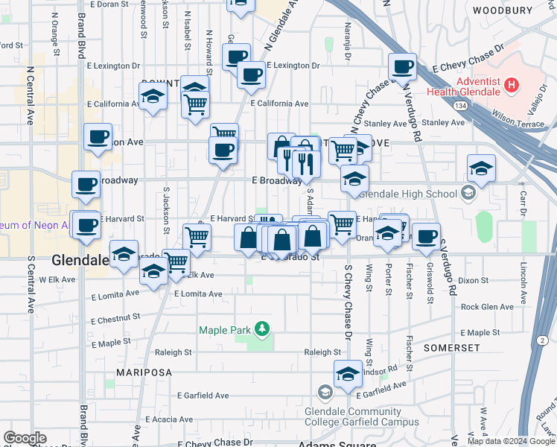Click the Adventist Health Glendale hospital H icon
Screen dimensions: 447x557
(511, 85)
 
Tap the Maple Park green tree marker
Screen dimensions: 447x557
(261, 328)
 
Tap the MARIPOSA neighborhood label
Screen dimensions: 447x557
(144, 372)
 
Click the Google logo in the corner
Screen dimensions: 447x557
(25, 438)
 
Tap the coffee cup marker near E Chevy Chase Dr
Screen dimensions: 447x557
(403, 68)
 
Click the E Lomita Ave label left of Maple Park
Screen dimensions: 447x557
(198, 294)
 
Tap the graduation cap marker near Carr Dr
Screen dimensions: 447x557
(481, 168)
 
